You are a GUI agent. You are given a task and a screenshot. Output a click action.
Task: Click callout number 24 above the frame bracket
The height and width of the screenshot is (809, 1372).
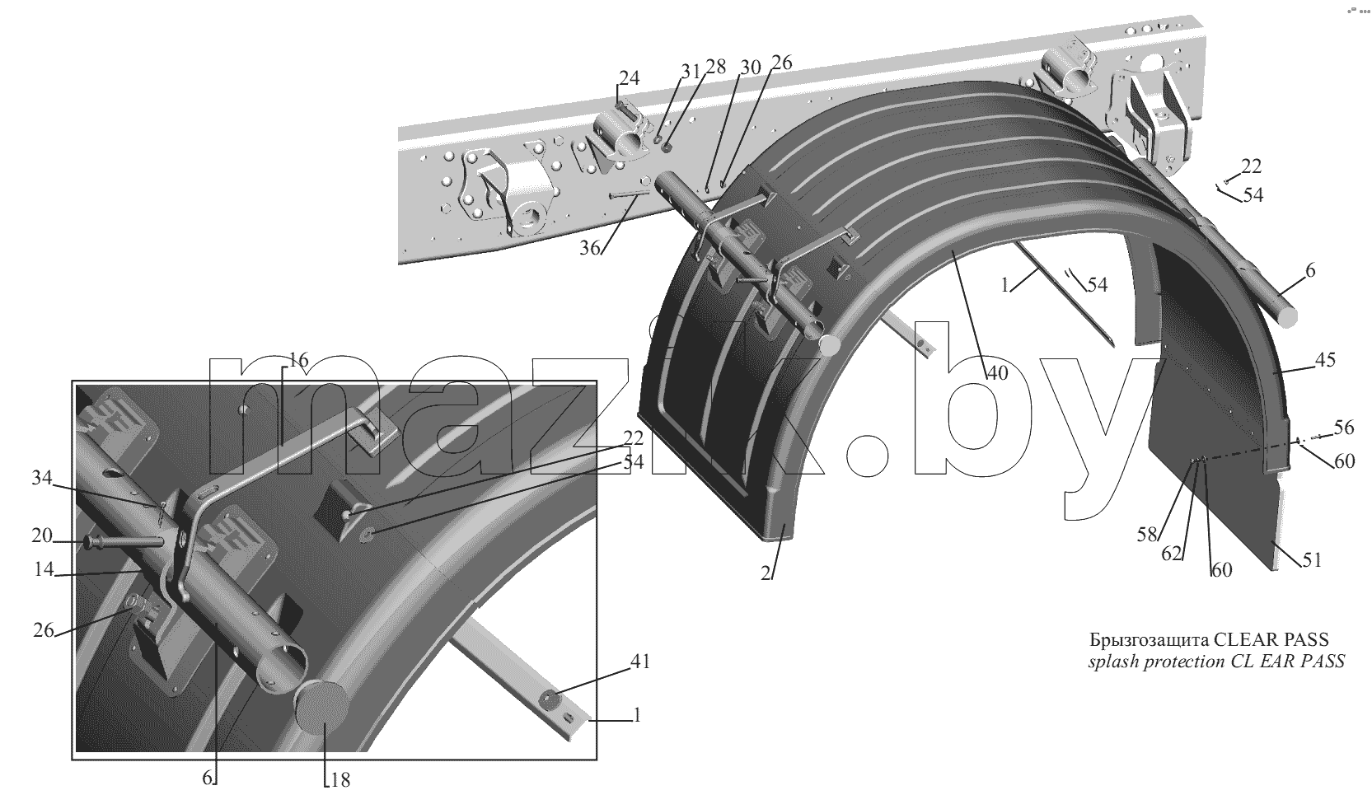click(629, 78)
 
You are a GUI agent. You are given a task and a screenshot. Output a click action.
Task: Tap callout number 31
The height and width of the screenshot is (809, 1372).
click(691, 72)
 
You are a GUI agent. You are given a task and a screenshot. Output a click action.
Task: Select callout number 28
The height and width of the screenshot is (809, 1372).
click(715, 67)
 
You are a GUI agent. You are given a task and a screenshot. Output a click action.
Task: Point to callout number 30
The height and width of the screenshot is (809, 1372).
click(751, 68)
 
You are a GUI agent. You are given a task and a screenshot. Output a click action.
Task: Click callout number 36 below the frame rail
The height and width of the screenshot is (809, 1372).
click(591, 247)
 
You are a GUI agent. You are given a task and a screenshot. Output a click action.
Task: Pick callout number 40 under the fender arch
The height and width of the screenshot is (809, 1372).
click(997, 372)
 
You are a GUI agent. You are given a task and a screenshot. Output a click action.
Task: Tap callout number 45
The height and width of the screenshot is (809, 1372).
click(1325, 359)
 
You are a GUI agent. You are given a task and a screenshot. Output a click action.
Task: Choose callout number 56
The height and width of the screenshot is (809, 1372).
click(1343, 427)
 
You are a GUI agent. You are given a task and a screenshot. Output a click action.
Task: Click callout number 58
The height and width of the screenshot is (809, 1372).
click(1147, 535)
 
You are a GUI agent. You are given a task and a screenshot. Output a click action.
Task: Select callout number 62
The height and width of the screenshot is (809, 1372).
click(1172, 554)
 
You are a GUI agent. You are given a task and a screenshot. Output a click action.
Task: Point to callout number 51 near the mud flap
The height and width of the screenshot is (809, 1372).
click(1311, 559)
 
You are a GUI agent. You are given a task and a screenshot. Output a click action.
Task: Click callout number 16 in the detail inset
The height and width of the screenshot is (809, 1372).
click(298, 360)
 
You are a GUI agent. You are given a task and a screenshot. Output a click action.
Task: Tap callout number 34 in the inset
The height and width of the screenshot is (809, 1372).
click(42, 478)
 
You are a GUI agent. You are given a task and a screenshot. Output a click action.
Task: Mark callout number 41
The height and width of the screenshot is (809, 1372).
click(639, 662)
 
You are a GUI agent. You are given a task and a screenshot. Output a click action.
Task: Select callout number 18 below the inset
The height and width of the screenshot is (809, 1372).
click(340, 779)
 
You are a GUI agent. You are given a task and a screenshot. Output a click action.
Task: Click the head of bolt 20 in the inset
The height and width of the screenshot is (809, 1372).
click(94, 541)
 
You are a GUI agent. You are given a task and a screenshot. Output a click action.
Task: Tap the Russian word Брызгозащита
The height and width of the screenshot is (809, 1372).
click(1149, 639)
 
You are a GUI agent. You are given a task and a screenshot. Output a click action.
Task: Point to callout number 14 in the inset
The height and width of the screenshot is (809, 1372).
click(44, 569)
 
